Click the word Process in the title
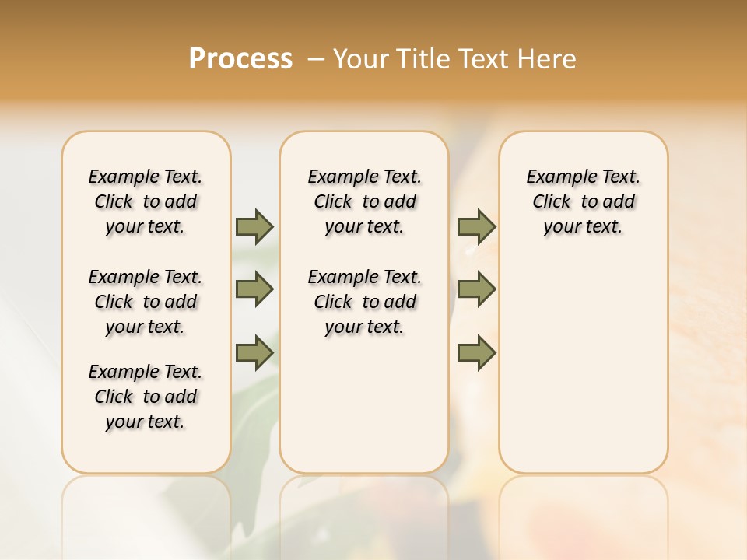(240, 59)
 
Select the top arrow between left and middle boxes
(254, 226)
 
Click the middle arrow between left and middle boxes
(254, 289)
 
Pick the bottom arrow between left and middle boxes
(254, 352)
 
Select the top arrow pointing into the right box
(476, 226)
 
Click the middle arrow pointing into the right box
(476, 289)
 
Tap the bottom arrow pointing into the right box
(476, 352)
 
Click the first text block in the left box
(146, 201)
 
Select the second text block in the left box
(146, 302)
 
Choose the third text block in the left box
(146, 397)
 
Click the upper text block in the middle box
(364, 201)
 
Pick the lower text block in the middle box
(364, 302)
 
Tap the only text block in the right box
(583, 201)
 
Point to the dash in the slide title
(316, 59)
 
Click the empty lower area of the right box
(583, 366)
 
